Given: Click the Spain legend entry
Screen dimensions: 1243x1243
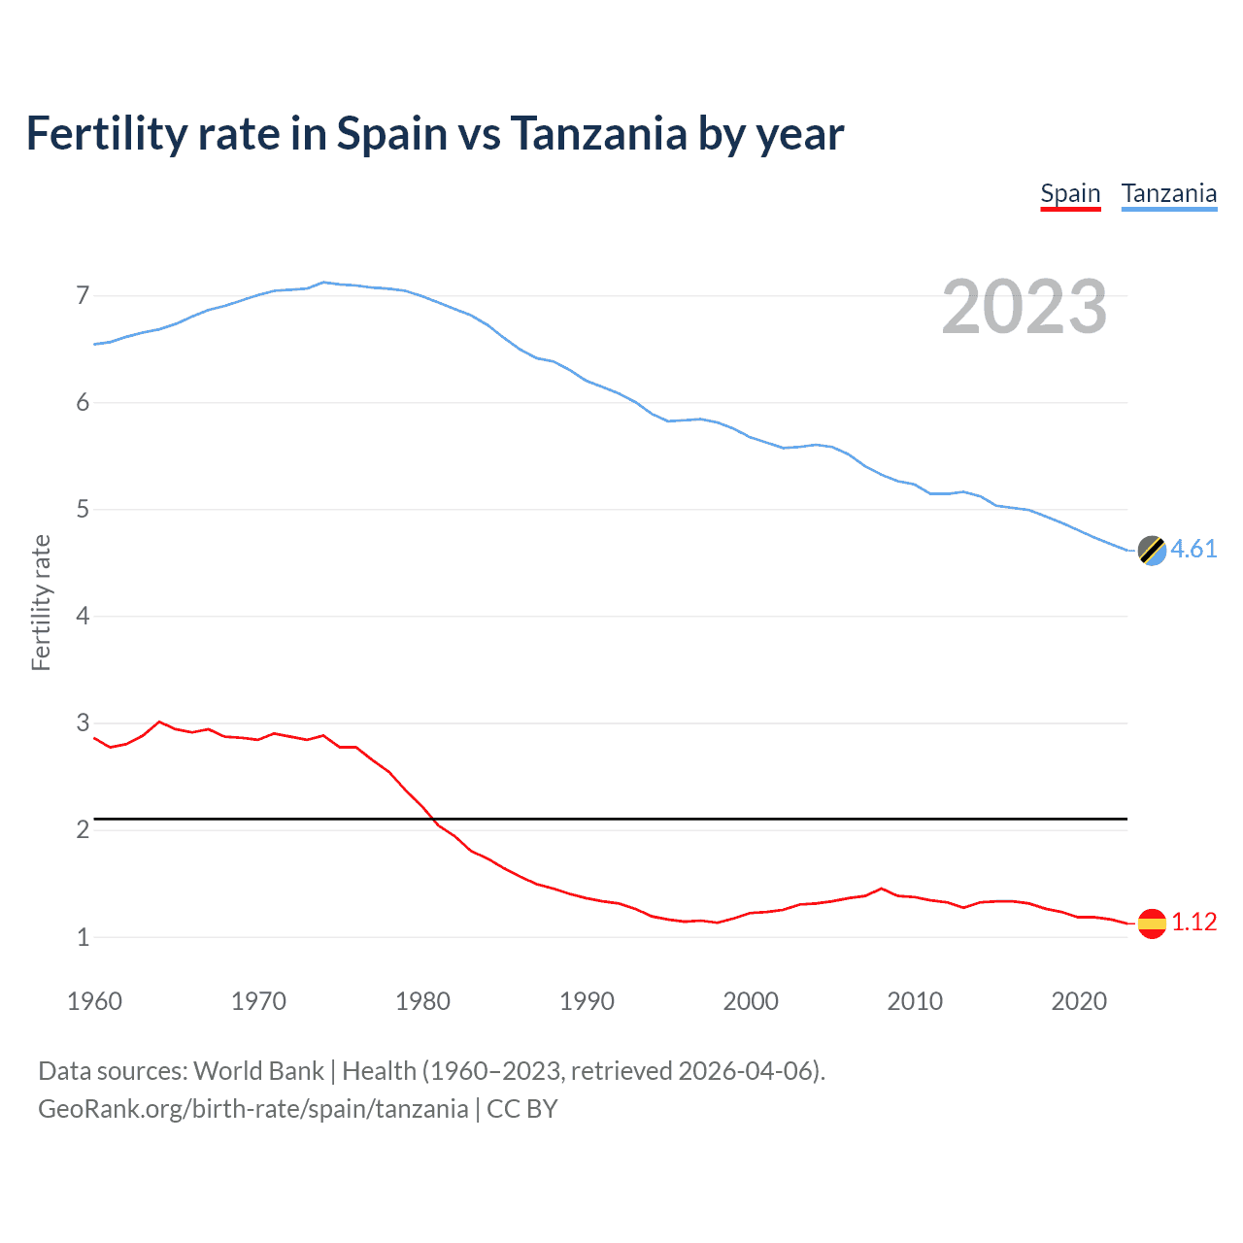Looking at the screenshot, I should (1070, 193).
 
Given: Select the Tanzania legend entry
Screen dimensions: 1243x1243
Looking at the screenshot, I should (1168, 193).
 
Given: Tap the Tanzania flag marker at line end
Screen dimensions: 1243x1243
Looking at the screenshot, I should (1152, 550).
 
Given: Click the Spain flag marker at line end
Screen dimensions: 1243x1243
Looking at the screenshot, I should (1152, 923).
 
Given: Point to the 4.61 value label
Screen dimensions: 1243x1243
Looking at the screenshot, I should (1193, 549).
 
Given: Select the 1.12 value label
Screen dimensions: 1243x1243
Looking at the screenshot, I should (1193, 922).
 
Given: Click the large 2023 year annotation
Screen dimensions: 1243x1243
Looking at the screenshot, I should (1024, 307).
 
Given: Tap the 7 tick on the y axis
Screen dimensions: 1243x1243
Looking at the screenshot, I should (83, 295).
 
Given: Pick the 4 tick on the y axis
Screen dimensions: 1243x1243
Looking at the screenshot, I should (83, 616).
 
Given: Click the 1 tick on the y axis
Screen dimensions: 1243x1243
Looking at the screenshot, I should (83, 937).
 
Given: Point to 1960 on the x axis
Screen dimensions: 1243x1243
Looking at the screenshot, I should (94, 1001).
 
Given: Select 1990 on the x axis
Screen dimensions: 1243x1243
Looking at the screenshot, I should (587, 1001).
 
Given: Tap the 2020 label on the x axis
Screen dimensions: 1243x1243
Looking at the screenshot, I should (1079, 1001).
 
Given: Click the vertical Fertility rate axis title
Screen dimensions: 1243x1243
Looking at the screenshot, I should (41, 602).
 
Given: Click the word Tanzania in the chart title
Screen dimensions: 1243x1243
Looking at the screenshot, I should (599, 133).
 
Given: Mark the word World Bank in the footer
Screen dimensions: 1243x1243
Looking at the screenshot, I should (258, 1070).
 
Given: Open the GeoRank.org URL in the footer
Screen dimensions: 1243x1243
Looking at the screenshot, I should (252, 1109).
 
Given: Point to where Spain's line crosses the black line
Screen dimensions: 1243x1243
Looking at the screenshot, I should (432, 819).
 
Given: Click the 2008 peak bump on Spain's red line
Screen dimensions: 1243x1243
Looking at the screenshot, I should (881, 889).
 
